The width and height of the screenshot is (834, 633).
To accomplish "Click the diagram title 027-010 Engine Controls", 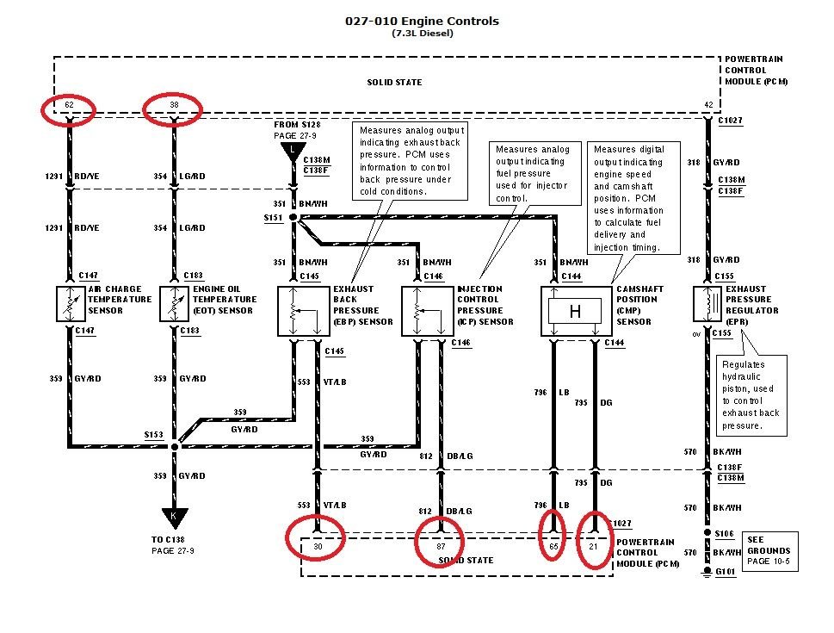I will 421,21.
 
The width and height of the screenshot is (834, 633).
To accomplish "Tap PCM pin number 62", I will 68,105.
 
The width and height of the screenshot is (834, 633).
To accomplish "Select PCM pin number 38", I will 173,105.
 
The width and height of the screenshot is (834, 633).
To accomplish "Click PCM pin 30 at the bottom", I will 317,546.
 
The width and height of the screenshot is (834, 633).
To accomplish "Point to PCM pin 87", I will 441,546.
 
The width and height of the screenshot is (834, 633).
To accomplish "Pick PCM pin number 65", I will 553,546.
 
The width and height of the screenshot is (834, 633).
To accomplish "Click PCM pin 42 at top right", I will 708,105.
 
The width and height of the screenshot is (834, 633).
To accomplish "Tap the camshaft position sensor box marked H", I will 575,312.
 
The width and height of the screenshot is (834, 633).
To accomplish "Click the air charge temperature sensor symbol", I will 70,304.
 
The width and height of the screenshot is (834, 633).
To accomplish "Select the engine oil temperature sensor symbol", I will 175,304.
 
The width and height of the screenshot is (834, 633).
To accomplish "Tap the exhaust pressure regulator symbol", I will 708,304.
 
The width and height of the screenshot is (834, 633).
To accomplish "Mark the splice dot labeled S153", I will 175,446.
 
